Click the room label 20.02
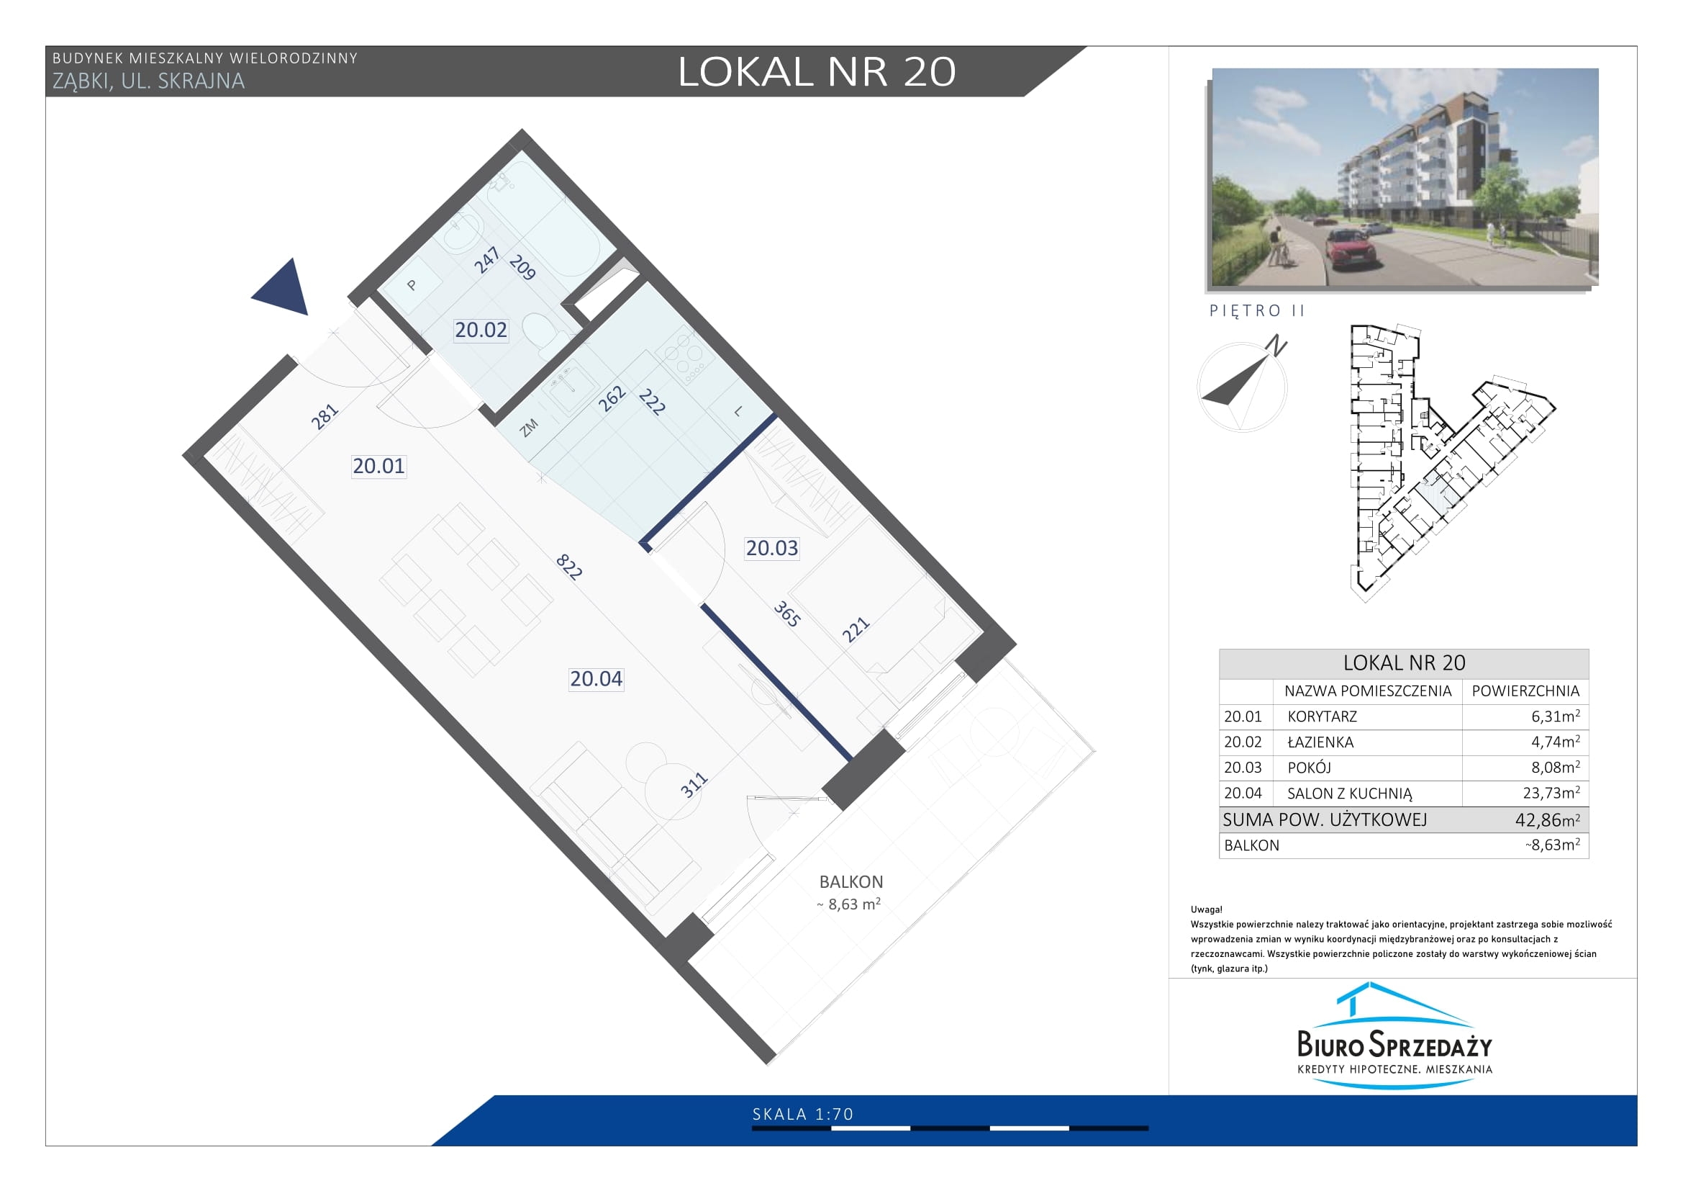point(481,330)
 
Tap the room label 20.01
point(378,466)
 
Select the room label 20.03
point(772,548)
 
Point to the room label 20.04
point(596,679)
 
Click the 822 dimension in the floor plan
point(569,567)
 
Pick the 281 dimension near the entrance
point(324,415)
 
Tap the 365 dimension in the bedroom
point(786,614)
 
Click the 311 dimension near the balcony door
point(694,785)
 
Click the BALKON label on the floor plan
point(851,881)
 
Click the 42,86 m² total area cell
point(1548,820)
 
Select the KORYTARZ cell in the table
point(1323,716)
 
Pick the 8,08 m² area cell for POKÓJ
point(1556,768)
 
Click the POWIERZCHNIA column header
point(1525,691)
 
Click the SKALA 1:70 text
point(803,1114)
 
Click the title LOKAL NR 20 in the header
point(817,72)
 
